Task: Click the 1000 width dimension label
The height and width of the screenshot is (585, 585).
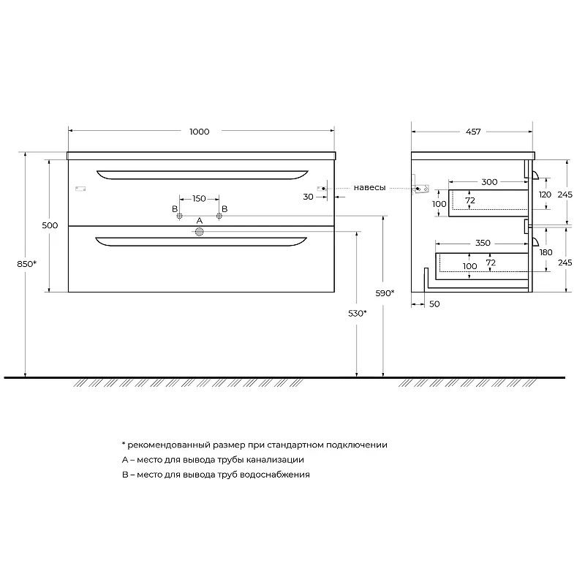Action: tap(199, 132)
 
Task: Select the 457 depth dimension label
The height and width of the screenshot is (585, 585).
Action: tap(473, 132)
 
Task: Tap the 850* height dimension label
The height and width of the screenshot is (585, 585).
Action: tap(27, 264)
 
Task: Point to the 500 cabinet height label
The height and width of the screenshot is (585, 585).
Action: tap(50, 225)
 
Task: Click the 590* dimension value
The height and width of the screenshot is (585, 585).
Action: tap(385, 293)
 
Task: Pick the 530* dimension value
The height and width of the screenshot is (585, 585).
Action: tap(358, 314)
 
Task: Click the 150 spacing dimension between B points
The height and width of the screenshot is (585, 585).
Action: tap(199, 198)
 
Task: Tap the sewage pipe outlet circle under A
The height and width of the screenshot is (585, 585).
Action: tap(199, 232)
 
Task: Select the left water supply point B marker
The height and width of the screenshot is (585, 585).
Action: tap(179, 216)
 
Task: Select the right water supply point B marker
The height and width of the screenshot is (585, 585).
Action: tap(219, 216)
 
